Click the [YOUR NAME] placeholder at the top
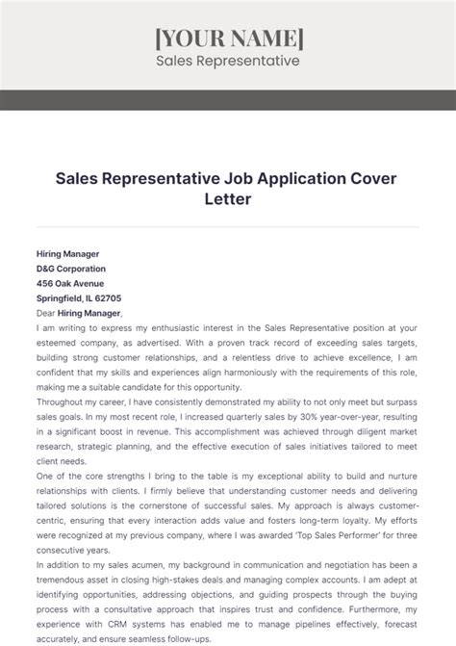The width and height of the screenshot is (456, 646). (x=228, y=38)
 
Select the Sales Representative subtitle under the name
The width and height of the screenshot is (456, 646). (x=228, y=61)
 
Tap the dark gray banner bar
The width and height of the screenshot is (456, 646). (x=228, y=99)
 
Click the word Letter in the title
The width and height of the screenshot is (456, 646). (x=228, y=199)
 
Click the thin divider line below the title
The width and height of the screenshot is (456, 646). (x=228, y=227)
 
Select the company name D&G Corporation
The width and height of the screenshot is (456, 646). (x=71, y=269)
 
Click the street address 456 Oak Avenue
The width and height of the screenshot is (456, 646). (x=70, y=283)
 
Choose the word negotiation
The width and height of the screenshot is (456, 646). (x=316, y=566)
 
